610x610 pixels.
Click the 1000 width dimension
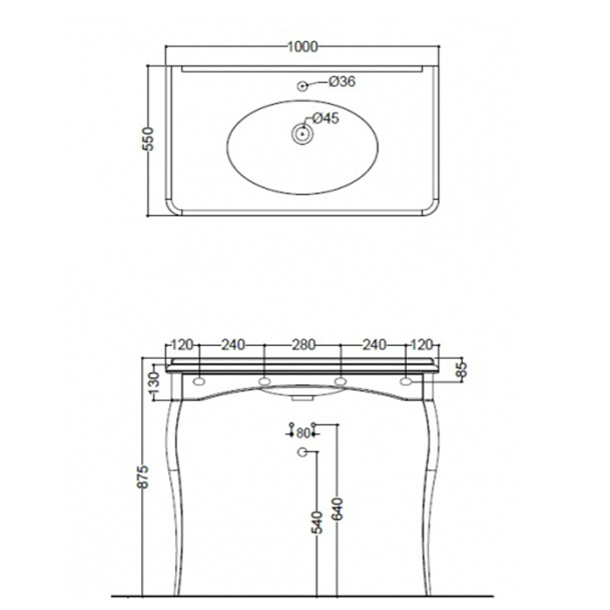click(x=303, y=47)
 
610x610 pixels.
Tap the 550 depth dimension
click(x=148, y=139)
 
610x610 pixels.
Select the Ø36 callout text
click(x=342, y=82)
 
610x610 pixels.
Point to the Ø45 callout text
click(x=326, y=118)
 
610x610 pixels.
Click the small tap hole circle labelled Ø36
click(x=303, y=85)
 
